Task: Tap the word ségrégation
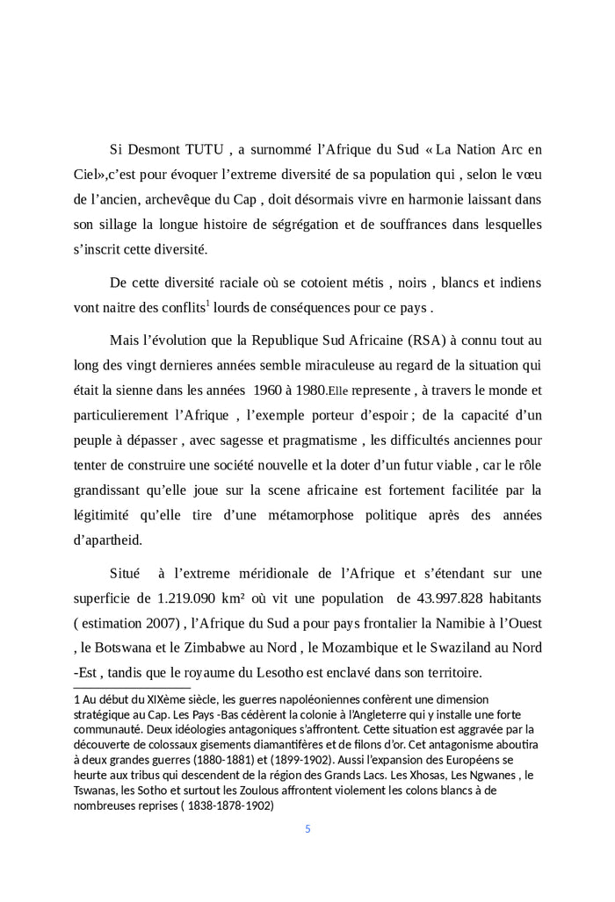[x=308, y=225]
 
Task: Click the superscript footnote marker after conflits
[x=207, y=303]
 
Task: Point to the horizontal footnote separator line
[x=132, y=688]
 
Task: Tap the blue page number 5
[x=307, y=828]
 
